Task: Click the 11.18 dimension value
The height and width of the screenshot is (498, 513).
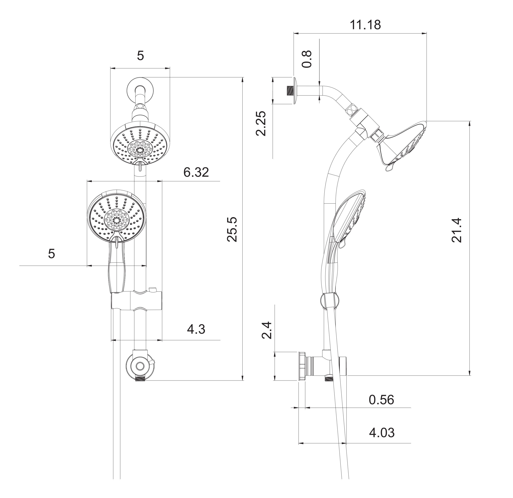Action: pos(365,25)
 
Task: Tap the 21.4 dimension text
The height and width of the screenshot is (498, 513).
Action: pos(457,230)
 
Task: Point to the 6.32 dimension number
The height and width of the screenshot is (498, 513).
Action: pos(196,172)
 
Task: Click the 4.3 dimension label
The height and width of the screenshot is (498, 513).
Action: pos(196,329)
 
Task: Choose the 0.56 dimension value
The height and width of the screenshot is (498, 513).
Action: pos(381,400)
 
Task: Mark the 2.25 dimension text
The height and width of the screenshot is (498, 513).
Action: pos(261,124)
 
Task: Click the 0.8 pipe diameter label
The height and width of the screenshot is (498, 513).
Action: pos(307,59)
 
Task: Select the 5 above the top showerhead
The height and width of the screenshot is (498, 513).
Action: pos(140,56)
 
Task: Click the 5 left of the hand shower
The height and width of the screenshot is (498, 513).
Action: pos(52,254)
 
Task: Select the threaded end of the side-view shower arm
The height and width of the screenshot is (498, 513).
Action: pos(290,90)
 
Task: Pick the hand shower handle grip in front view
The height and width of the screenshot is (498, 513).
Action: pos(117,275)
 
